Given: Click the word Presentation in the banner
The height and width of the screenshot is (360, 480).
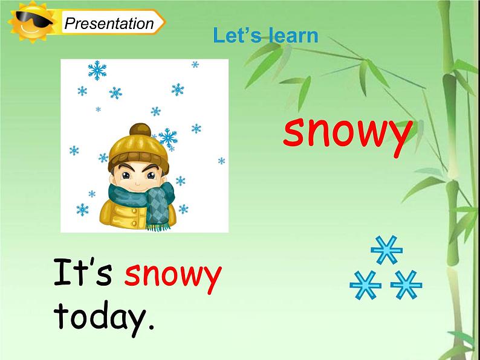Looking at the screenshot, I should [109, 24].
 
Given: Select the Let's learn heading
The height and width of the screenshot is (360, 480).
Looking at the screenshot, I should [265, 36].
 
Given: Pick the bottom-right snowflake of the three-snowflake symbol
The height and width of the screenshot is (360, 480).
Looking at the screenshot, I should [406, 284].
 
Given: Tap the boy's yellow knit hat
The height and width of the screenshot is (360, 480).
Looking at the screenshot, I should [136, 148].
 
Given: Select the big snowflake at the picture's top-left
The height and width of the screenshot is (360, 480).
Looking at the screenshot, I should [97, 71].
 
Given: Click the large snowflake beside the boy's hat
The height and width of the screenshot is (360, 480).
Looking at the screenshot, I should [167, 138].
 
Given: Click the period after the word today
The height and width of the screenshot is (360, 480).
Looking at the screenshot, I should [150, 329].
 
